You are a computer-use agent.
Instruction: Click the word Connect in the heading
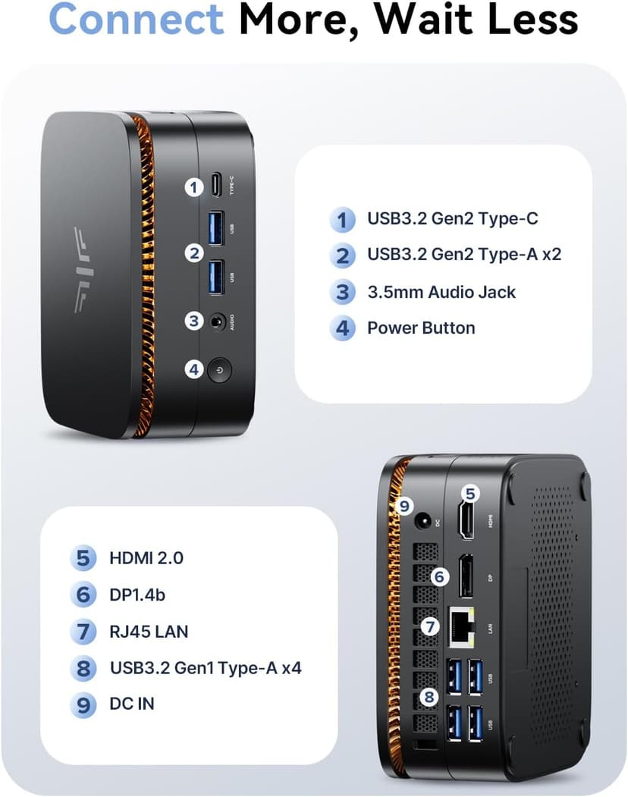click(x=137, y=20)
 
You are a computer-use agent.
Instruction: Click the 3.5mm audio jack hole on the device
click(x=219, y=321)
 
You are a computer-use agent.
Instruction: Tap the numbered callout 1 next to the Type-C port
click(x=194, y=186)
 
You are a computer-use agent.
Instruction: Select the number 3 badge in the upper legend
click(x=343, y=292)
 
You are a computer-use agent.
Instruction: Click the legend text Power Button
click(x=421, y=328)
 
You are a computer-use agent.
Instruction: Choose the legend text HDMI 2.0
click(x=146, y=558)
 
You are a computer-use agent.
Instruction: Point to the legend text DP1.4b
click(x=137, y=595)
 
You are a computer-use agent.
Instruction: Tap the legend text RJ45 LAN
click(x=149, y=631)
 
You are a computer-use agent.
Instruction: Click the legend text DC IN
click(x=132, y=704)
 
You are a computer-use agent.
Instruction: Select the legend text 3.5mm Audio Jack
click(x=441, y=292)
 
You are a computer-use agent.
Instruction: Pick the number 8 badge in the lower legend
click(x=83, y=668)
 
